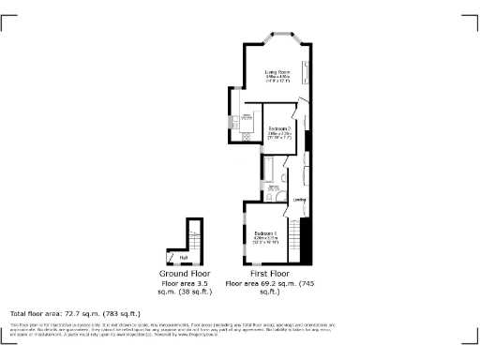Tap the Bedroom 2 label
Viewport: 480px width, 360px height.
(279, 128)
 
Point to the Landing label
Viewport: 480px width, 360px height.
(300, 200)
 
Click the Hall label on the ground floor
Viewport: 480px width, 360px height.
(184, 256)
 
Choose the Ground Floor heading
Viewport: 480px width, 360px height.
(183, 274)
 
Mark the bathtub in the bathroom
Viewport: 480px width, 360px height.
(269, 170)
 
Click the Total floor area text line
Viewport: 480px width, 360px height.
(75, 313)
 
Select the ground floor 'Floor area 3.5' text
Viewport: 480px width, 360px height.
(183, 282)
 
